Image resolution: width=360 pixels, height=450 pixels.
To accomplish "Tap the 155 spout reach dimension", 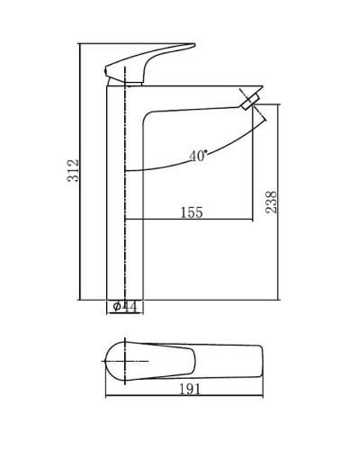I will point(191,212).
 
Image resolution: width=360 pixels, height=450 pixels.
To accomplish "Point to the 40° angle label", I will point(199,154).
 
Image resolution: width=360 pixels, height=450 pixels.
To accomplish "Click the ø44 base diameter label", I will point(125,306).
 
